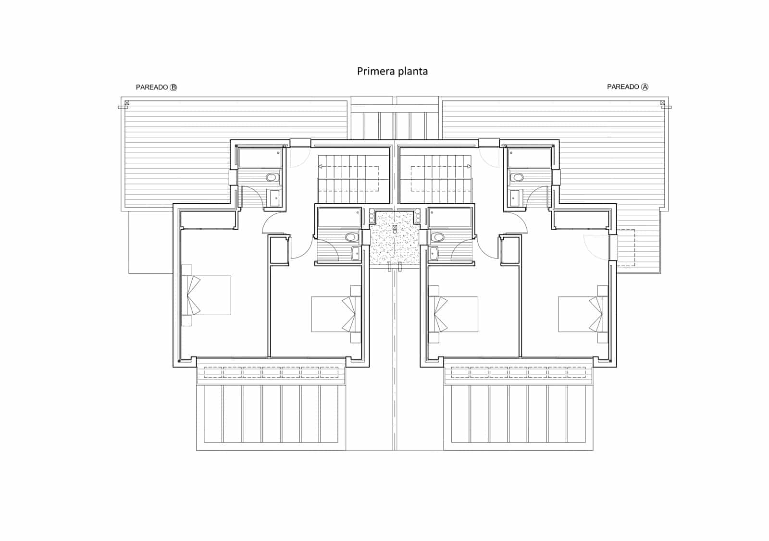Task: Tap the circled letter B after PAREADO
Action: [174, 87]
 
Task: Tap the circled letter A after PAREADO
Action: [645, 87]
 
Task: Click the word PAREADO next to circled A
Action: [623, 87]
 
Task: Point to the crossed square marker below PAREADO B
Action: [126, 102]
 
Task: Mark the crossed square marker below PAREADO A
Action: [662, 102]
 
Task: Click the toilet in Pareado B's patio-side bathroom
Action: [352, 237]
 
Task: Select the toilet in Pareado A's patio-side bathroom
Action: [437, 237]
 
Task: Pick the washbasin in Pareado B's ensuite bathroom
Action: [274, 198]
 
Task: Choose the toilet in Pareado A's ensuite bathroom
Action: [518, 177]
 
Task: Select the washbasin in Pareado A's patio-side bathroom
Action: [434, 253]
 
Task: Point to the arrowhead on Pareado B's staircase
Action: [320, 166]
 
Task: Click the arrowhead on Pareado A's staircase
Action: [469, 166]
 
